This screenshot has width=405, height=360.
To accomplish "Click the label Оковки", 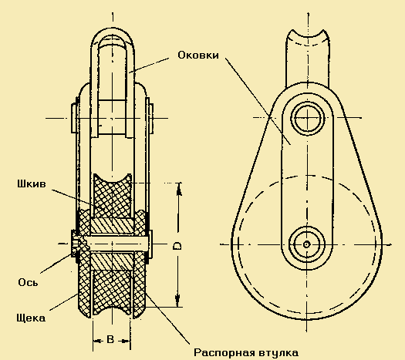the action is pyautogui.click(x=198, y=55).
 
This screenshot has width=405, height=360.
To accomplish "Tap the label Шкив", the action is pyautogui.click(x=32, y=184).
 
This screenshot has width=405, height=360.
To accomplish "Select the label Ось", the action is pyautogui.click(x=28, y=282).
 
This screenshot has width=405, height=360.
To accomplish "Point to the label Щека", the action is pyautogui.click(x=31, y=318).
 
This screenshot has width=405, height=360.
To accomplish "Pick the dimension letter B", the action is pyautogui.click(x=110, y=339).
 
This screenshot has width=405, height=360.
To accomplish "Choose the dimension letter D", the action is pyautogui.click(x=177, y=246).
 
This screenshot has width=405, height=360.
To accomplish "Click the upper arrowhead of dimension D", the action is pyautogui.click(x=179, y=189).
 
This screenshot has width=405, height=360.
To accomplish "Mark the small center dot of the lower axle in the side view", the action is pyautogui.click(x=306, y=244).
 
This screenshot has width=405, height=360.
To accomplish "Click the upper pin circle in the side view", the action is pyautogui.click(x=307, y=117).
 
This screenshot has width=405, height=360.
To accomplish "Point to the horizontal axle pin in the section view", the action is pyautogui.click(x=117, y=244).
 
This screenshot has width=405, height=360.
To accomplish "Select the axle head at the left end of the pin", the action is pyautogui.click(x=74, y=244).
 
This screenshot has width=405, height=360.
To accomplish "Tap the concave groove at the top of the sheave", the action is pyautogui.click(x=113, y=180).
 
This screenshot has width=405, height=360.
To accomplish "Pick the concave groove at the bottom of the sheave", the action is pyautogui.click(x=112, y=311).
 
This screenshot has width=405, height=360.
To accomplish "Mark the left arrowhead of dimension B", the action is pyautogui.click(x=96, y=341).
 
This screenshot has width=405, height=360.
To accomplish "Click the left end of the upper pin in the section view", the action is pyautogui.click(x=74, y=118).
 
